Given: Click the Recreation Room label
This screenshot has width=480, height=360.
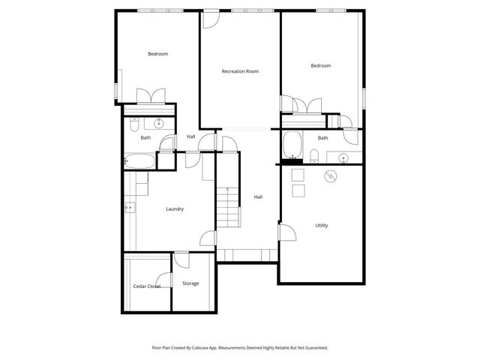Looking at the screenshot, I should coord(240,71).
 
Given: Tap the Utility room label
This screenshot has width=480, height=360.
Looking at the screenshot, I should coord(321,225).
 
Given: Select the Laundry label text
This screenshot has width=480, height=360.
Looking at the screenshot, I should coord(175,209).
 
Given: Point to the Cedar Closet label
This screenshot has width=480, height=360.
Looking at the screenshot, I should coord(147,286).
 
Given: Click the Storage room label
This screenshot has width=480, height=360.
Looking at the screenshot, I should coord(190,283).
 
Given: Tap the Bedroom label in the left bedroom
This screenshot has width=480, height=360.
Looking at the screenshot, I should coord(157,53).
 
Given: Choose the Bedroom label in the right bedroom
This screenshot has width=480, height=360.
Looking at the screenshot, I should coord(320,66).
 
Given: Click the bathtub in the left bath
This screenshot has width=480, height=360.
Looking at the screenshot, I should coord(140,160).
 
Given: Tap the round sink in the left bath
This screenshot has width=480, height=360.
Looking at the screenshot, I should coord(159,124).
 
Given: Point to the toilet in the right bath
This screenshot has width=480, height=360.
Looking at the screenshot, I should coord(314,156).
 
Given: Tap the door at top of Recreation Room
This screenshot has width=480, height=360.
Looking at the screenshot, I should coord(211,19).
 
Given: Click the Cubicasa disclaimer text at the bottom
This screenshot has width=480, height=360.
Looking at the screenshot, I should coord(240,348).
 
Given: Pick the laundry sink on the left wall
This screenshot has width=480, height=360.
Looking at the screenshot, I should coord(129,208).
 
